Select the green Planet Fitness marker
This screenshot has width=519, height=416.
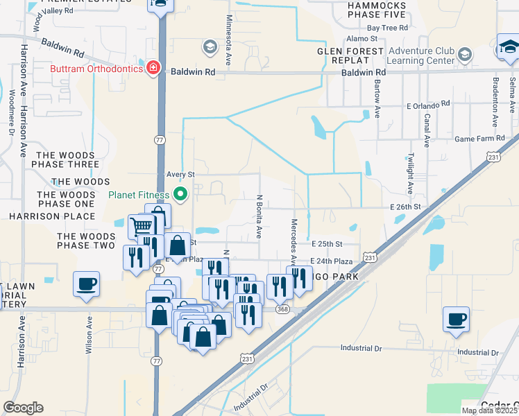[181, 194]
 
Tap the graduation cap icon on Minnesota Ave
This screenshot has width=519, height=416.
[209, 47]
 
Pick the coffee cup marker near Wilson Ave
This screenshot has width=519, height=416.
[86, 284]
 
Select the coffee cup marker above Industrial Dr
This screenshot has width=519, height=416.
[456, 320]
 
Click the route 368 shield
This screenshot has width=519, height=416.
[282, 309]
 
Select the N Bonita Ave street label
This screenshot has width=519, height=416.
[260, 217]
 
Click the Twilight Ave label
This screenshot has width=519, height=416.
[411, 173]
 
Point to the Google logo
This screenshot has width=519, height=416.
[23, 408]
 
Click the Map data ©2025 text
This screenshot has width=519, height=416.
[490, 410]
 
